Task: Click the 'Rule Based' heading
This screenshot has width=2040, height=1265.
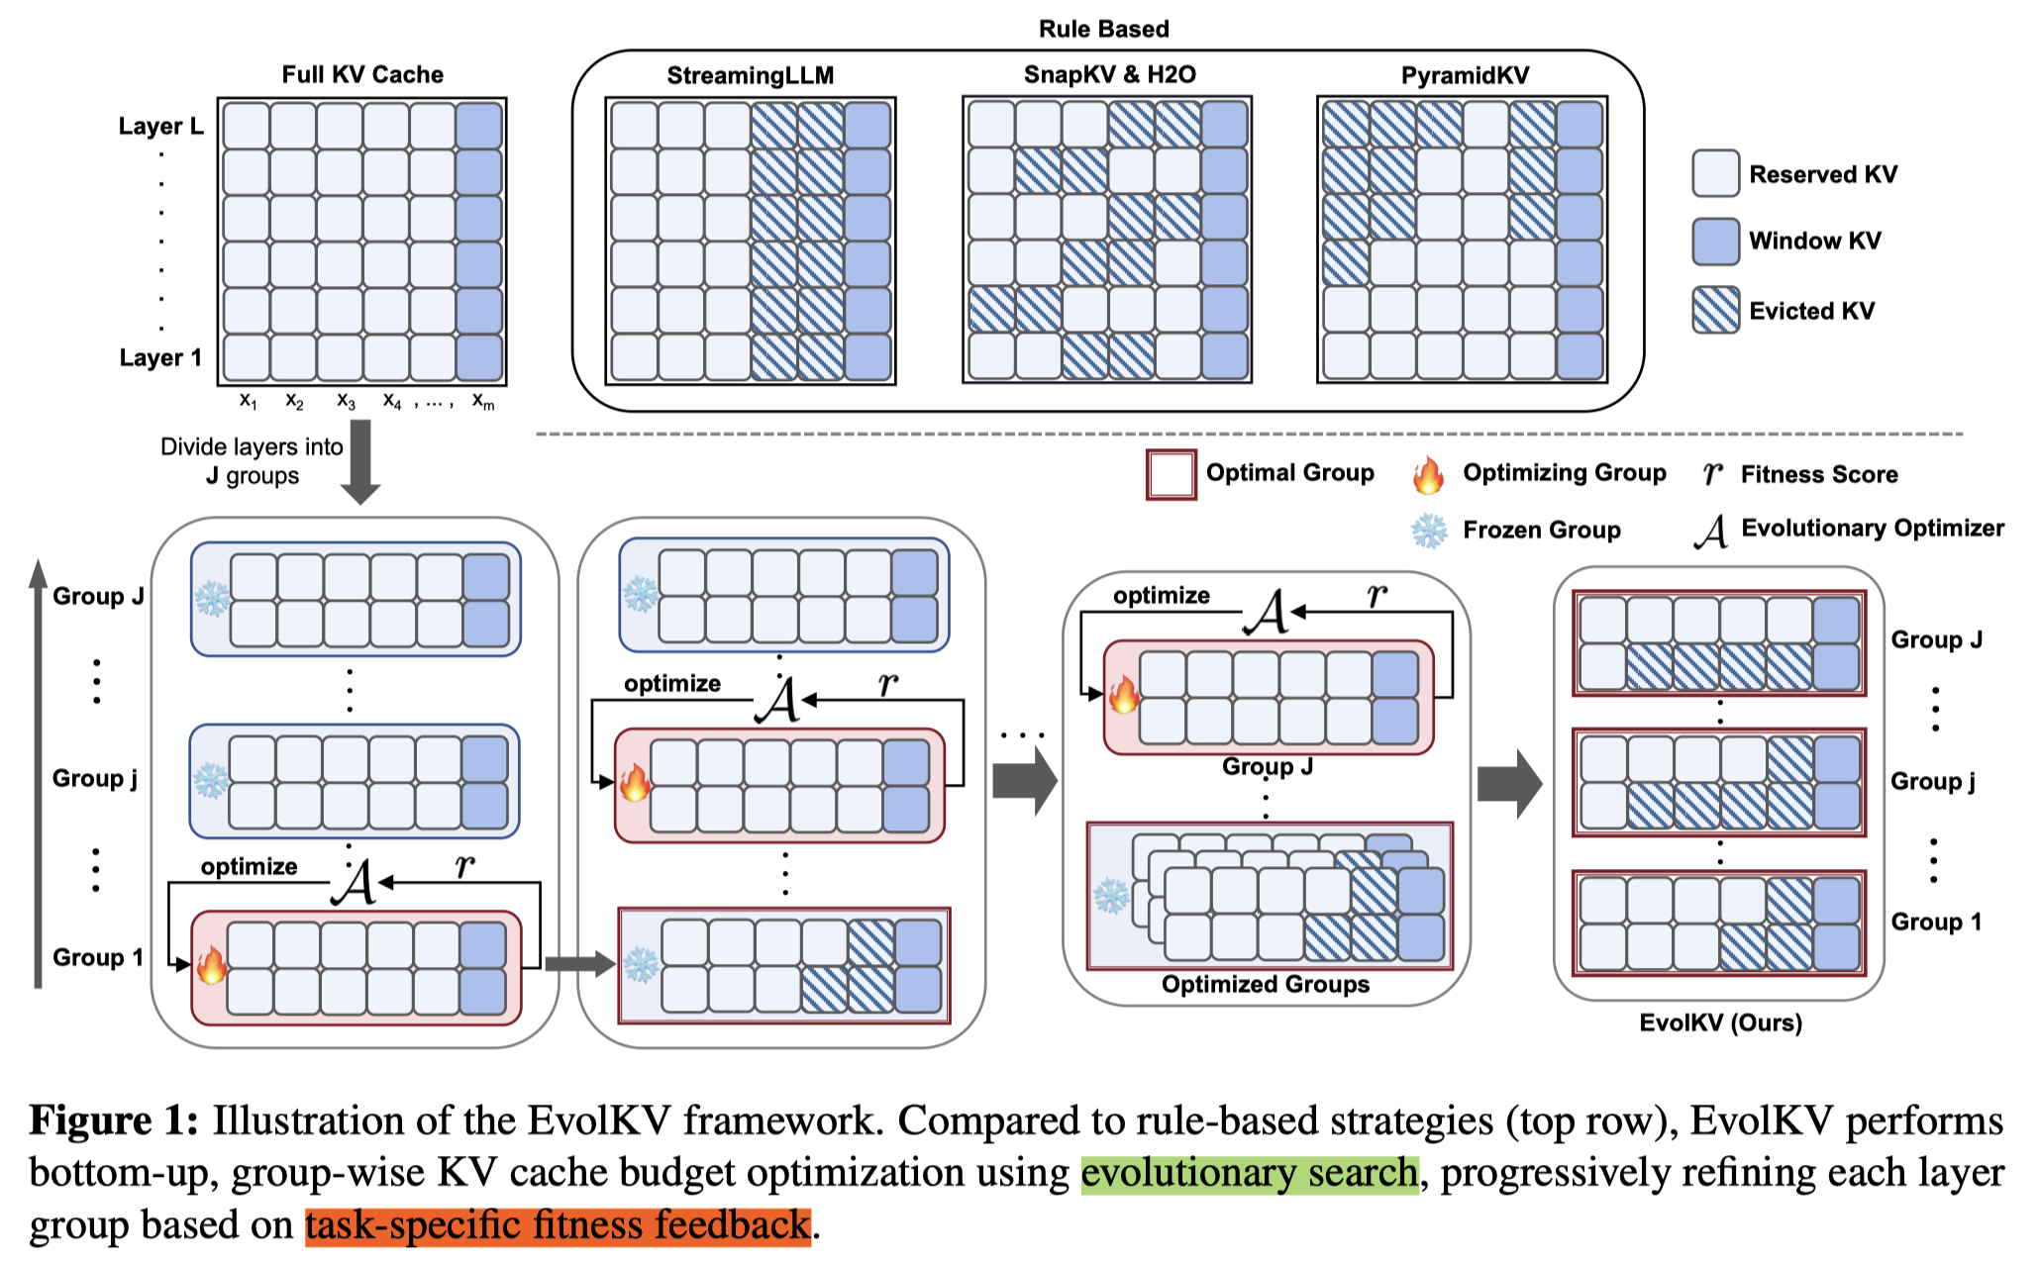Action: coord(1103,29)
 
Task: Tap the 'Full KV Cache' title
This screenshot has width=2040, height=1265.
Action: coord(362,74)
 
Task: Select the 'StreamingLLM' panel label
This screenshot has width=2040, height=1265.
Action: coord(750,75)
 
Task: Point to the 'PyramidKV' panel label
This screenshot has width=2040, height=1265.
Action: coord(1465,75)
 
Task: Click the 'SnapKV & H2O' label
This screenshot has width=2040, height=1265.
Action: coord(1109,74)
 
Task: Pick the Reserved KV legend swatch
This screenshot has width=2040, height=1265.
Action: coord(1715,174)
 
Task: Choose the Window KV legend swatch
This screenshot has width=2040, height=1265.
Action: coord(1715,242)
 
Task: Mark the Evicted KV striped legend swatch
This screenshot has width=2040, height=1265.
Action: coord(1715,310)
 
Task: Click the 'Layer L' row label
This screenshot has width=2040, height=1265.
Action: coord(160,126)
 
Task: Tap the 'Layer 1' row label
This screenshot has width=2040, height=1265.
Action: coord(160,357)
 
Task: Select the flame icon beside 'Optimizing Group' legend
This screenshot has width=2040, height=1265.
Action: coord(1428,475)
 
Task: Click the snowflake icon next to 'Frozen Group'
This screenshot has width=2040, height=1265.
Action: coord(1428,531)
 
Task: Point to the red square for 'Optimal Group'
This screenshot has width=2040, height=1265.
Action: coord(1171,474)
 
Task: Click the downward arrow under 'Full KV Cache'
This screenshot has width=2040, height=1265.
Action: coord(360,460)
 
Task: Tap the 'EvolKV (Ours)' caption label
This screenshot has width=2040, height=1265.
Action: coord(1720,1022)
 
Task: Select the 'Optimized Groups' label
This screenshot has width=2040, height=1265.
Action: coord(1266,984)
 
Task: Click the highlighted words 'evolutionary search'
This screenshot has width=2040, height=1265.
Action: coord(1250,1173)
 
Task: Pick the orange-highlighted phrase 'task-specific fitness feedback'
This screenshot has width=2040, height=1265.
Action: coord(558,1225)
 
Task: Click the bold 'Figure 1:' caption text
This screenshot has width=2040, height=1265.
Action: coord(114,1120)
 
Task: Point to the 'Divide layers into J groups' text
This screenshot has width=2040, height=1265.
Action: coord(252,461)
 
